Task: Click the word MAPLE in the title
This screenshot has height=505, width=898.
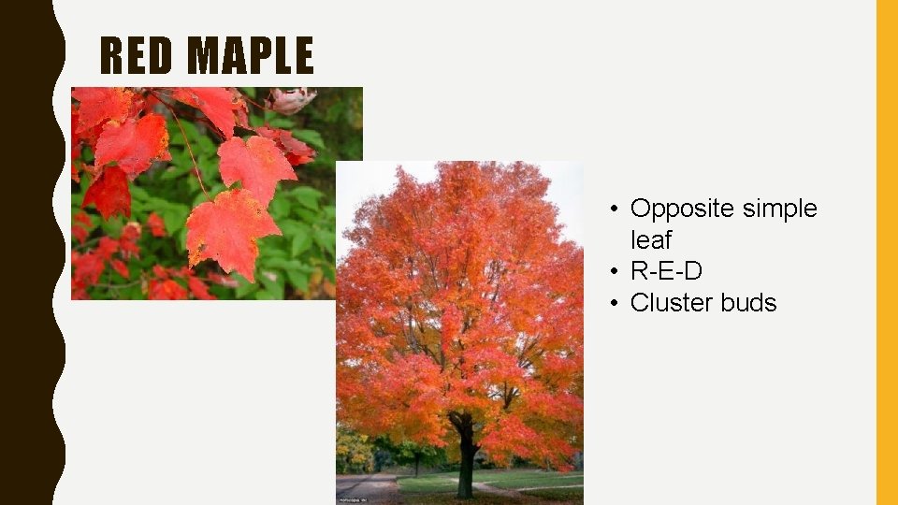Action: (x=250, y=56)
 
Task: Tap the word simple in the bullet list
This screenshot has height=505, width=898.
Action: (x=778, y=209)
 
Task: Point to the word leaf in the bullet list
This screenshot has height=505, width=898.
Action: (x=651, y=239)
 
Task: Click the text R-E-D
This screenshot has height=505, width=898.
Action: (x=666, y=271)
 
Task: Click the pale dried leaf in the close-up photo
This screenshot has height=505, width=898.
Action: (x=292, y=98)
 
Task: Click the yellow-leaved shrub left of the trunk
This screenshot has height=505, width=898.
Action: (x=354, y=449)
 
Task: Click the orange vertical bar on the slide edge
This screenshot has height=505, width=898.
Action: (x=886, y=252)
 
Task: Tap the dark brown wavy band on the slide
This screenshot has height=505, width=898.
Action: (x=28, y=252)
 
